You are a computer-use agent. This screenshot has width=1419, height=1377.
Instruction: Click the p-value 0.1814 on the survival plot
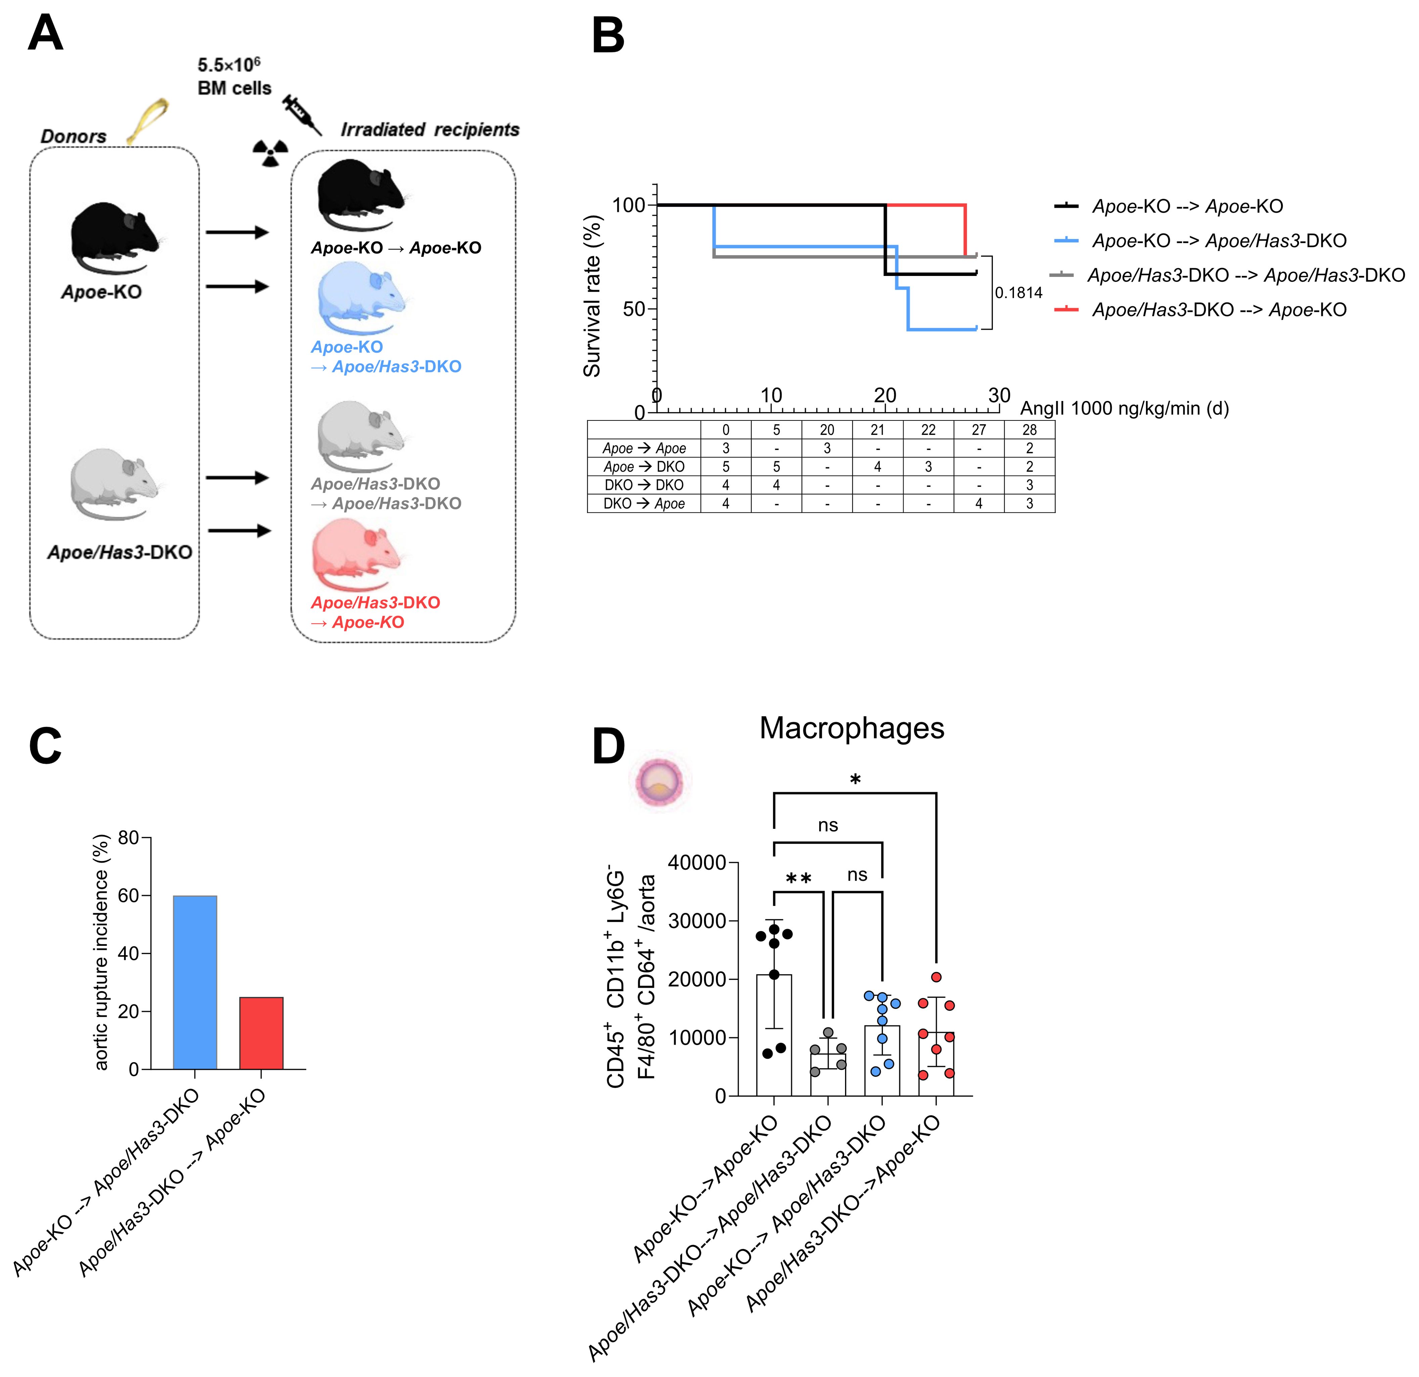pyautogui.click(x=1018, y=293)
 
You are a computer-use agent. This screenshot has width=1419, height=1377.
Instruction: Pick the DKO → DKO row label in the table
pyautogui.click(x=644, y=485)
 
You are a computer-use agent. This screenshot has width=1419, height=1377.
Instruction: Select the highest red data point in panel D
pyautogui.click(x=936, y=977)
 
